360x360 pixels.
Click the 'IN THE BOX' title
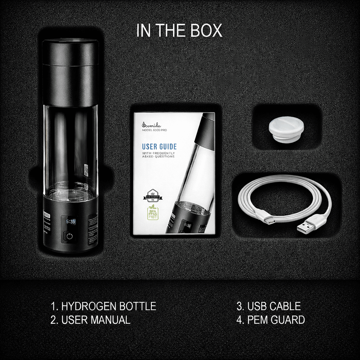tap(179, 31)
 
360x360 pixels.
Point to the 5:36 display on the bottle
tap(70, 222)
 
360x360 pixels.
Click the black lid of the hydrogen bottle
tap(70, 70)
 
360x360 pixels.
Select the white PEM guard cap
tap(286, 129)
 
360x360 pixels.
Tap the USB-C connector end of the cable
tap(270, 220)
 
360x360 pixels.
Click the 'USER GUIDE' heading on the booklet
tap(159, 147)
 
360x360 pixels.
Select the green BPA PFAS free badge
tap(153, 212)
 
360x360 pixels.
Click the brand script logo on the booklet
tap(153, 124)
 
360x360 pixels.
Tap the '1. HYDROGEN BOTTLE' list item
tap(103, 306)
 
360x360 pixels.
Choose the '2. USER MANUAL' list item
tap(90, 320)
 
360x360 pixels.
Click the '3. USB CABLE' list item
tap(269, 306)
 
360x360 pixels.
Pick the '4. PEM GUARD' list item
tap(271, 320)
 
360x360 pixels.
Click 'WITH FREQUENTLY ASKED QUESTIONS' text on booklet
tap(158, 155)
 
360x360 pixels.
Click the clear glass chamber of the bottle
tap(70, 148)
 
